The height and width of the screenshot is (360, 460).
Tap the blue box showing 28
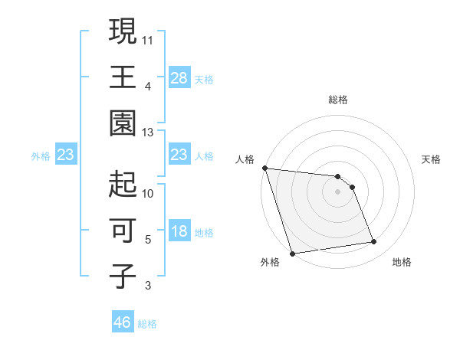click(179, 77)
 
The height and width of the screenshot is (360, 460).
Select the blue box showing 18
click(179, 232)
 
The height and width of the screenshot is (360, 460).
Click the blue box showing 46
click(123, 322)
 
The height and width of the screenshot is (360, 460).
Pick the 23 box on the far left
click(66, 155)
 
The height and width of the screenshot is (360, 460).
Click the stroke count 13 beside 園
click(148, 133)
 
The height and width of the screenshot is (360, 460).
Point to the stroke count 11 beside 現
click(148, 38)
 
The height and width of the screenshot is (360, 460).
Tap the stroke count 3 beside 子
click(148, 286)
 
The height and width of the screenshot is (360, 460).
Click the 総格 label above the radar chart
click(338, 100)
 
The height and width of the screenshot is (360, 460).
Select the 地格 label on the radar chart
click(402, 263)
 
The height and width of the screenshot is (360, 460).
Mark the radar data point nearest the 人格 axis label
click(264, 168)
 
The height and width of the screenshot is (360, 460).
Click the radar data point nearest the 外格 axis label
click(292, 254)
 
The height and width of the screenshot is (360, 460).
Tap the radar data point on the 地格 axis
click(374, 242)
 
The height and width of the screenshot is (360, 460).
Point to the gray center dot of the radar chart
click(338, 191)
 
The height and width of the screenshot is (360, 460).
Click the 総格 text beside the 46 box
click(148, 324)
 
